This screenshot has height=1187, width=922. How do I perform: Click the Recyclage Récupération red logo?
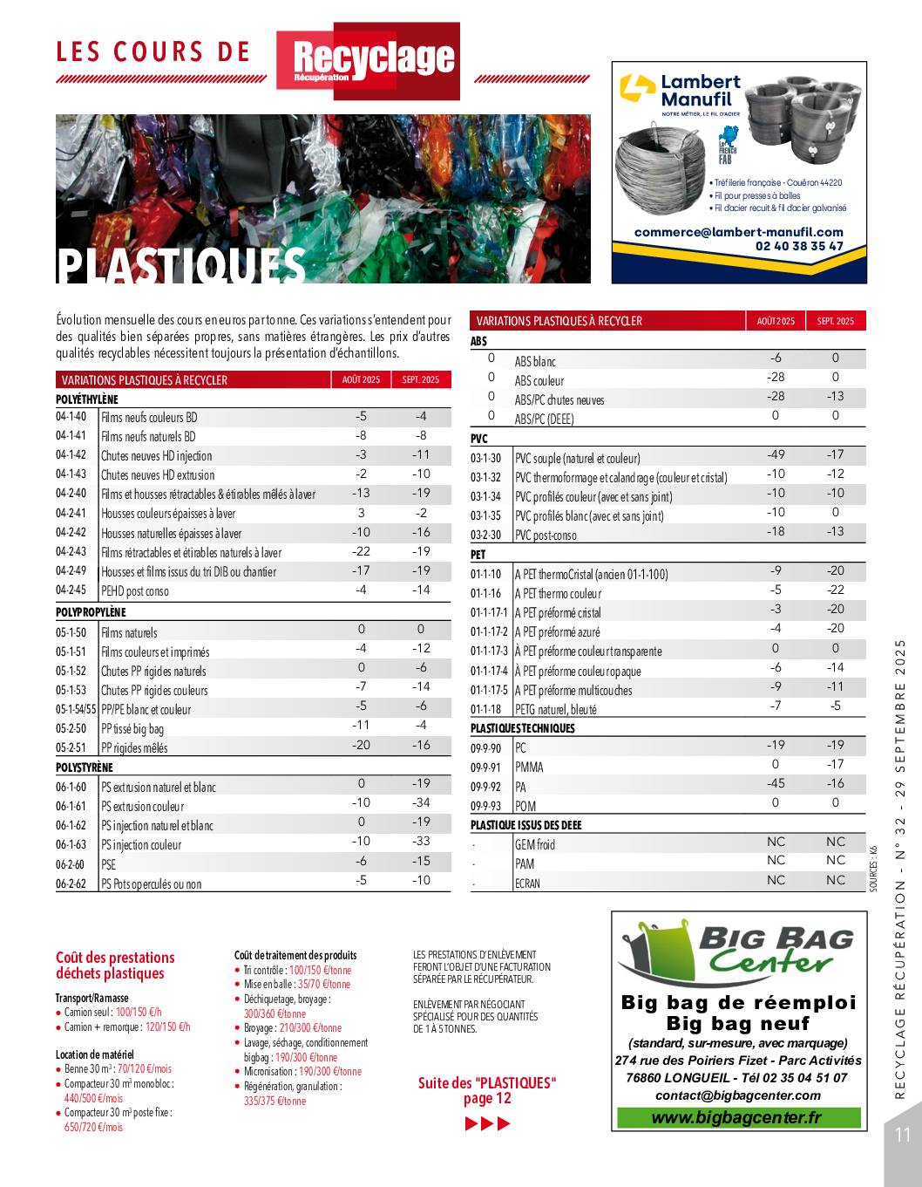[x=368, y=59]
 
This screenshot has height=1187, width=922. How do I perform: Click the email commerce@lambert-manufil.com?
[x=739, y=232]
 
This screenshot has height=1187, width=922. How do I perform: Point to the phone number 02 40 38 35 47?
[x=799, y=246]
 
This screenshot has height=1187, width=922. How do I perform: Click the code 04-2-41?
[x=71, y=514]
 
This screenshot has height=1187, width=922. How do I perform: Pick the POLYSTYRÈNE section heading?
[x=85, y=767]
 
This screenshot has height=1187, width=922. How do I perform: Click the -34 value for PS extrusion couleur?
[x=421, y=802]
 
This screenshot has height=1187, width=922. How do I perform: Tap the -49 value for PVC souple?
[x=776, y=454]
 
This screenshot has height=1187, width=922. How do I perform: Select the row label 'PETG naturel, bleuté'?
[x=555, y=709]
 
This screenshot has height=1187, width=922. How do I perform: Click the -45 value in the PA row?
[x=776, y=783]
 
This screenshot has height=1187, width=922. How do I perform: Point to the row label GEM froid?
[x=534, y=844]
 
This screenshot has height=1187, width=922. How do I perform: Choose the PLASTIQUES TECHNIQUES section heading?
[x=523, y=728]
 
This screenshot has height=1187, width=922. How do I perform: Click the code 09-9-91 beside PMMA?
[x=486, y=767]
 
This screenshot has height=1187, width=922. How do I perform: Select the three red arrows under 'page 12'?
[x=487, y=1123]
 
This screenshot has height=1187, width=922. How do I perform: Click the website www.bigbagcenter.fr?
[x=736, y=1118]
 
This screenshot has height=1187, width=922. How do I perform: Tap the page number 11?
[x=902, y=1135]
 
